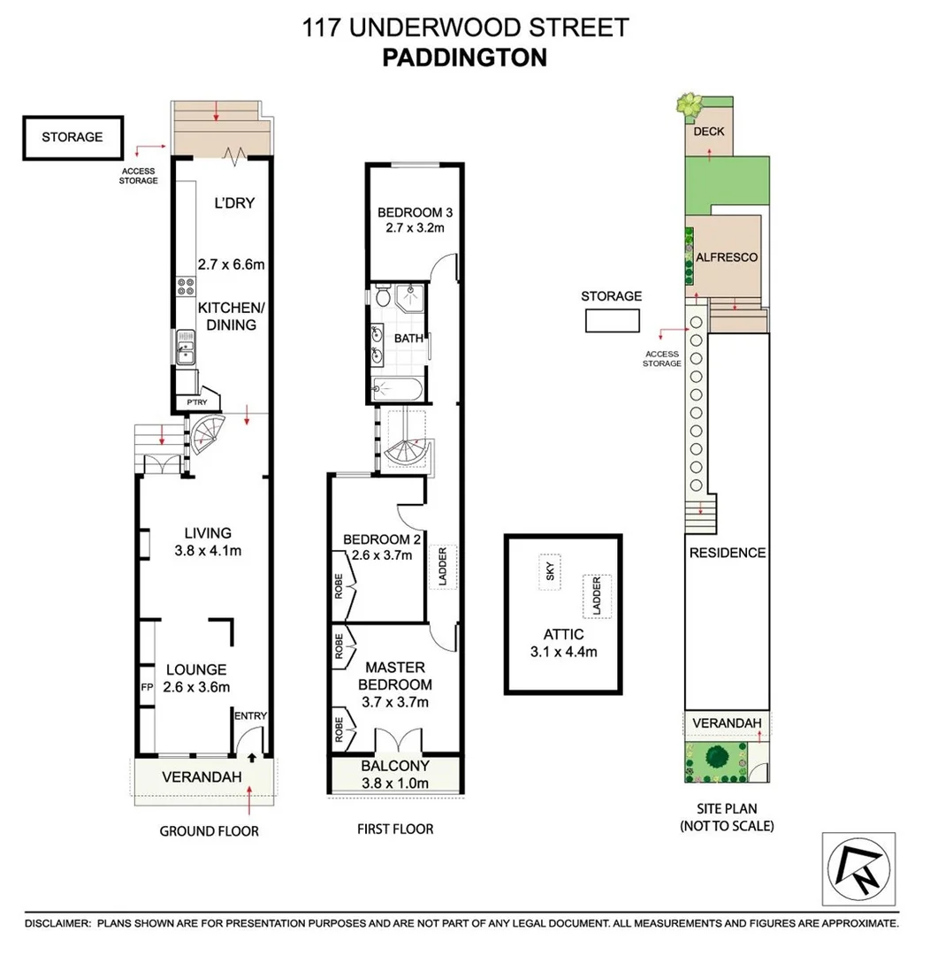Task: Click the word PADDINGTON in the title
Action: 465,57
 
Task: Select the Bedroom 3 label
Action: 415,219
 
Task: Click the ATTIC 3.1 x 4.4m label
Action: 564,643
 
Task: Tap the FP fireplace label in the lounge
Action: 146,686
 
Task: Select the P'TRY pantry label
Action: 195,403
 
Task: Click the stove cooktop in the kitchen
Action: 187,286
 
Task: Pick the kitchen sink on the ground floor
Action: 186,347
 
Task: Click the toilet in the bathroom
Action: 382,299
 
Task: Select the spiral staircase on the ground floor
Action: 210,432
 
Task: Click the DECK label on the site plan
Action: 708,132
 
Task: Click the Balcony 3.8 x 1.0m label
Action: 395,774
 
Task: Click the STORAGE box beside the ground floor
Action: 72,137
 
